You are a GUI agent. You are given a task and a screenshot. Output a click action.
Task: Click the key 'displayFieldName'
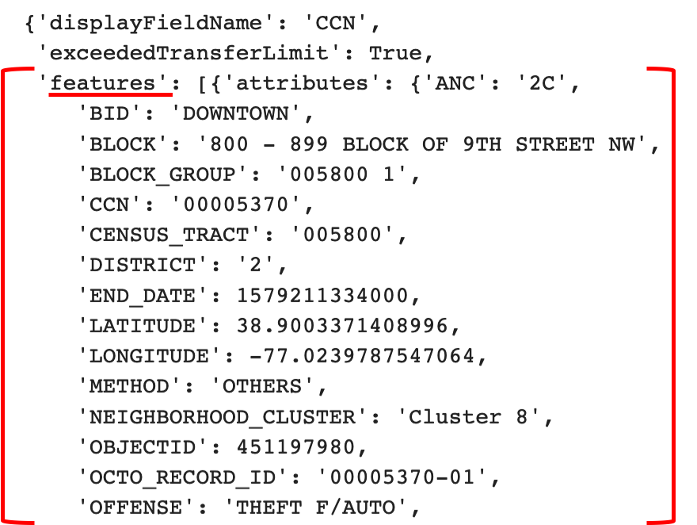coord(131,23)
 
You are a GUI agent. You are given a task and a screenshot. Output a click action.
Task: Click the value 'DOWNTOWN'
coord(236,113)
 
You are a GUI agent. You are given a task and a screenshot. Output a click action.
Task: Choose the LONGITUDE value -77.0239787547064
coord(361,356)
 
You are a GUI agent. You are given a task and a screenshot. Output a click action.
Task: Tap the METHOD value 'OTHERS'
coord(262,386)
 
